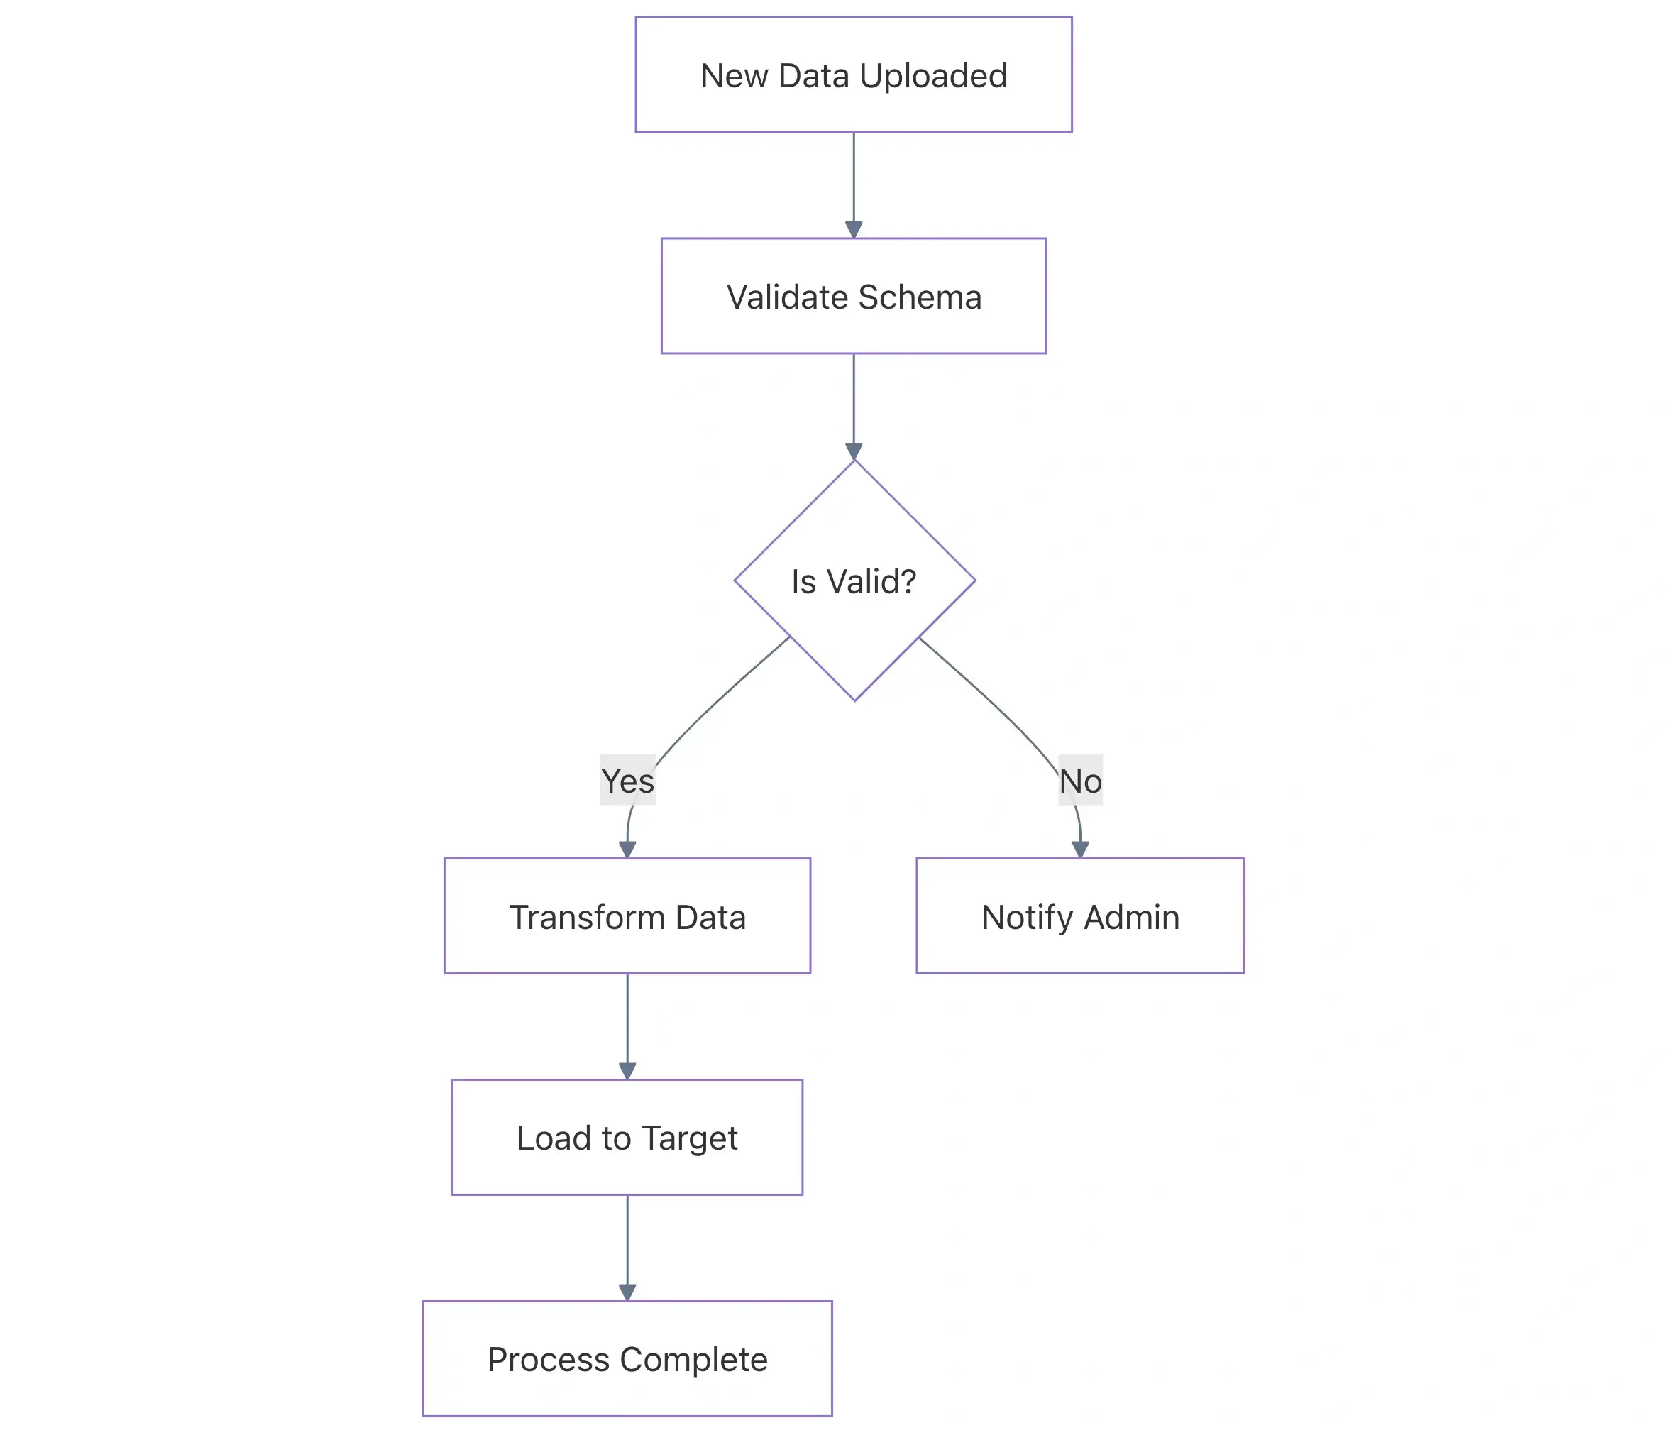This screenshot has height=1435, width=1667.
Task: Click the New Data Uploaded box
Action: (854, 75)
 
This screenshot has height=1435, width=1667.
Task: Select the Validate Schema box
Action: (854, 296)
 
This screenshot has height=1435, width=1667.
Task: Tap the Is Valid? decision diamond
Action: (854, 581)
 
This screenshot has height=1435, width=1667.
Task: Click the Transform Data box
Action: (627, 916)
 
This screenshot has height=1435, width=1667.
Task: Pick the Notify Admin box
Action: (1079, 916)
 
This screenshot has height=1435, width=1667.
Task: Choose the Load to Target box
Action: (627, 1138)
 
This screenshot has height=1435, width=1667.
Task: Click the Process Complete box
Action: (627, 1358)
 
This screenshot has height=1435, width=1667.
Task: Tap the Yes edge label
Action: (627, 780)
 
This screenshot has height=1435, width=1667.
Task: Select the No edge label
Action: (1079, 780)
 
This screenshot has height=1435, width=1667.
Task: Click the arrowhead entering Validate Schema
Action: (854, 229)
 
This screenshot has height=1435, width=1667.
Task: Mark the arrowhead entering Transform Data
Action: (627, 850)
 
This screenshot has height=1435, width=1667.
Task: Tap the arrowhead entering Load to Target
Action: (627, 1071)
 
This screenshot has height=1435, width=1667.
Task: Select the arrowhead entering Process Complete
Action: (627, 1292)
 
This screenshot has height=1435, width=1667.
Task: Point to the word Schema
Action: (920, 297)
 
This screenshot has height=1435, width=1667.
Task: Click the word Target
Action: (690, 1138)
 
